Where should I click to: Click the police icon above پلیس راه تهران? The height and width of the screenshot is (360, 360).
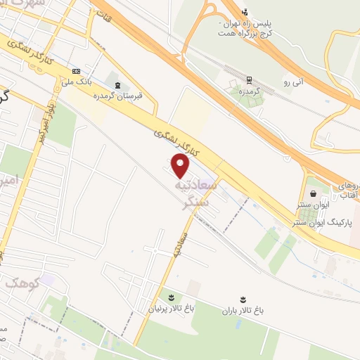click(x=245, y=11)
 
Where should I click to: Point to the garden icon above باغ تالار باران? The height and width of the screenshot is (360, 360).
click(x=243, y=298)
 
